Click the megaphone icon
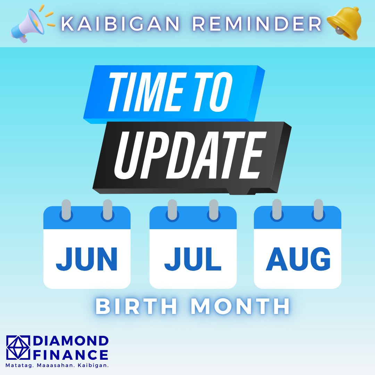coord(27,25)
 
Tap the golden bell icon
coord(344,24)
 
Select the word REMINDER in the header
coord(257,24)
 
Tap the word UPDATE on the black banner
coord(190,155)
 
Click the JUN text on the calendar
coord(86,259)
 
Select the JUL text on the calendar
coord(193,259)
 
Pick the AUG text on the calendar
coord(298,259)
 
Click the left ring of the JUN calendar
coord(66,210)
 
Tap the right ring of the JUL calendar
coord(214,210)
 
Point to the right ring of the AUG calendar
coord(318,210)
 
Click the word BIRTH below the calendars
coord(136,306)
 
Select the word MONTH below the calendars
coord(240,306)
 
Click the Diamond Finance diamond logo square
coord(18,348)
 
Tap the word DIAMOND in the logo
coord(71,341)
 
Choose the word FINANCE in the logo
coord(70,355)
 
